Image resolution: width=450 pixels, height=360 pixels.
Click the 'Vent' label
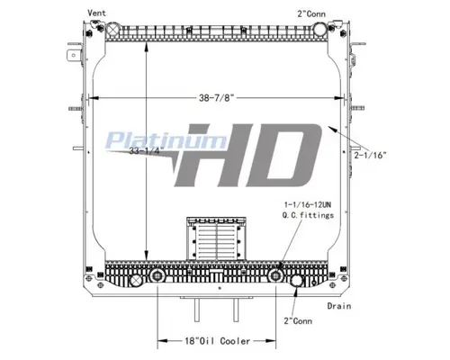96,13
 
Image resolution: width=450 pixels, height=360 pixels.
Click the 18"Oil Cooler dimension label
205,341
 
